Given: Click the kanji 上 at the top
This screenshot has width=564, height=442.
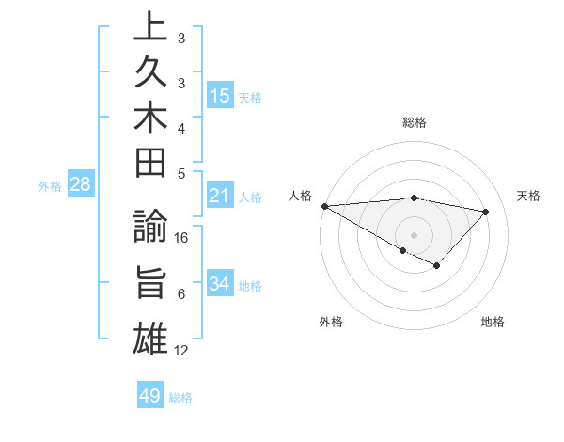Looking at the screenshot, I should [x=150, y=28].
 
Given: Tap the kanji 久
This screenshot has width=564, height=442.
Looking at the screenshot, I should [x=150, y=77].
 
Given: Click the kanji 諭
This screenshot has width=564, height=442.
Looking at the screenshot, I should [x=150, y=229].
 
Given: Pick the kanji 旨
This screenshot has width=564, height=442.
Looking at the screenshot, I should [x=150, y=284].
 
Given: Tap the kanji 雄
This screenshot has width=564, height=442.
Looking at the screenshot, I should [x=150, y=337].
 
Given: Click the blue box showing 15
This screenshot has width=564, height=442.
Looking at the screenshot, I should [x=220, y=96].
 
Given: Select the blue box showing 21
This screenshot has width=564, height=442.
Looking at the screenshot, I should [x=220, y=197].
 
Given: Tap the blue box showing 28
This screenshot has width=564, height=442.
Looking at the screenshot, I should [x=80, y=185].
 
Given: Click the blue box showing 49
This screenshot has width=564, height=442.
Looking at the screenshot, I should [x=150, y=396].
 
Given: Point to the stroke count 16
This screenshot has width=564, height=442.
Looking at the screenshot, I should [x=182, y=238].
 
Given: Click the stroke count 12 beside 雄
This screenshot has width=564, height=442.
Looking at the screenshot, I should [x=182, y=352].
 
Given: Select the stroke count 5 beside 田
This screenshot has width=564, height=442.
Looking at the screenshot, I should [x=181, y=173].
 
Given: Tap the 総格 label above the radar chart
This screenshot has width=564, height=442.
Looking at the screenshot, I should [x=415, y=122].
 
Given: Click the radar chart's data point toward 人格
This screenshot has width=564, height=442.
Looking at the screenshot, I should [x=324, y=206].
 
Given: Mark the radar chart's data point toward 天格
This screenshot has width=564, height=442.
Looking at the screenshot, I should [x=486, y=212].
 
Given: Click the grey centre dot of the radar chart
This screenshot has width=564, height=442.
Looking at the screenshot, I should [x=415, y=234].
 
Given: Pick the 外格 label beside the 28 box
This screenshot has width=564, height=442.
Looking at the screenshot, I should [x=50, y=186].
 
